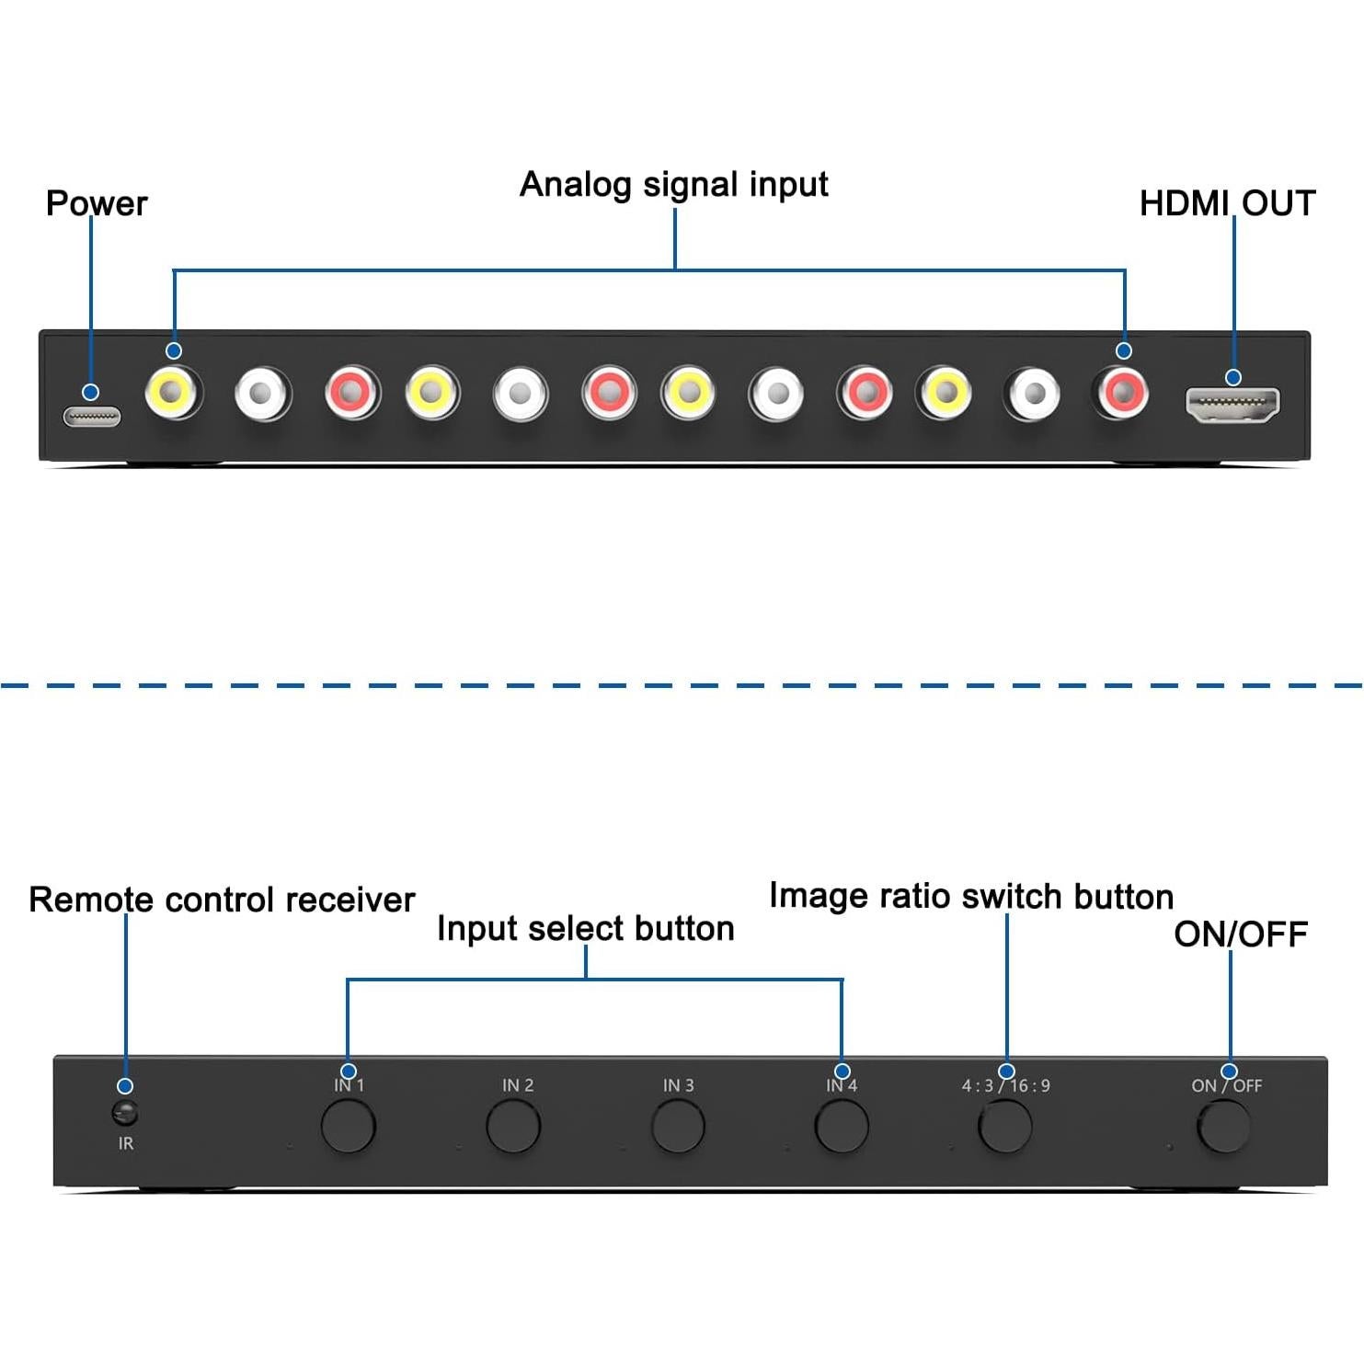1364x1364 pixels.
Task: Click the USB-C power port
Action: coord(92,417)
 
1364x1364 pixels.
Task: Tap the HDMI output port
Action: coord(1232,405)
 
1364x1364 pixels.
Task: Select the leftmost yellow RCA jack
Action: coord(172,394)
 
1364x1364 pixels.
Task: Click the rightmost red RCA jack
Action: coord(1122,394)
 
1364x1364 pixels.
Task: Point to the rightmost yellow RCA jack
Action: coord(945,394)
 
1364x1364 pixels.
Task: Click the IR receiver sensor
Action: coord(124,1114)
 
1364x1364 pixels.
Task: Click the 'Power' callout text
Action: coord(97,203)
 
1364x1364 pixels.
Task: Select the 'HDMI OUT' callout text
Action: coord(1227,203)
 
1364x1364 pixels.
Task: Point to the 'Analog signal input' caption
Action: coord(673,184)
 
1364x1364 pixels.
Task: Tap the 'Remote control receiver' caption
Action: coord(222,900)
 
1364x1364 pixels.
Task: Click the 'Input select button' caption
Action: coord(585,928)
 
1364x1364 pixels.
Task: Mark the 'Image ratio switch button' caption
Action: coord(970,896)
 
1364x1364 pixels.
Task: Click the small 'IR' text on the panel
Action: coord(126,1143)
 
